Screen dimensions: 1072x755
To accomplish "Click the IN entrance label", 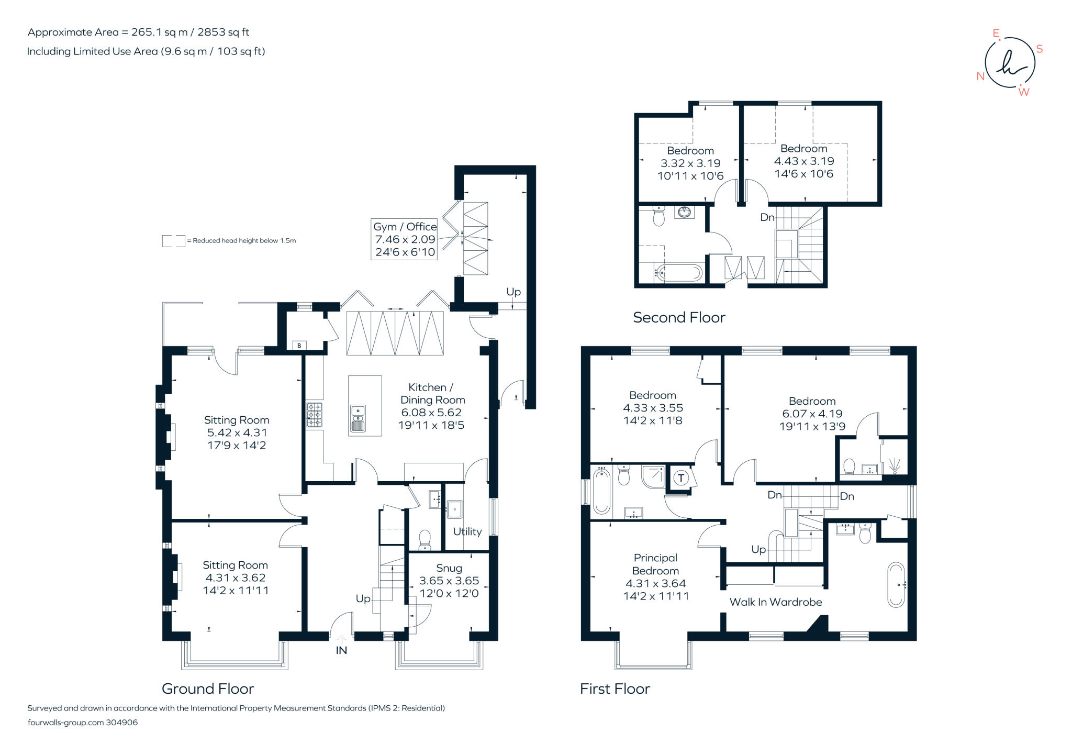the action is (341, 650).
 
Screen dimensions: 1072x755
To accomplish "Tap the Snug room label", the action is (449, 569).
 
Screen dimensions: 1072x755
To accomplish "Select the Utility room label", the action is (467, 531).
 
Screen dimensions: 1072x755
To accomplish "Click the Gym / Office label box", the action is (404, 239).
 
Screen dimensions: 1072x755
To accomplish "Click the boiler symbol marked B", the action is (299, 346).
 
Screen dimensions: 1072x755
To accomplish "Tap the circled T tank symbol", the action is (681, 478).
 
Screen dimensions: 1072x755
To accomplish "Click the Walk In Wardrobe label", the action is (776, 602).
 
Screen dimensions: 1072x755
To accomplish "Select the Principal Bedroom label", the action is (655, 564).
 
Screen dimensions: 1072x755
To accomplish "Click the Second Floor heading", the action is (679, 317).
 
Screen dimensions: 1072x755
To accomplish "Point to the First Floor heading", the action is (615, 689).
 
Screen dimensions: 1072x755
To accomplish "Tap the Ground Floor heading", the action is (208, 689).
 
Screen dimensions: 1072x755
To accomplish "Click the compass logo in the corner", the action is (1010, 63).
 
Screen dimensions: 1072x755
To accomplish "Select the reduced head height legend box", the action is (173, 241).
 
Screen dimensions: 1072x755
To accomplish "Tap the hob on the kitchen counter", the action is (314, 415).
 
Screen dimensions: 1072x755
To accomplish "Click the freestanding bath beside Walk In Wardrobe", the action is (896, 585).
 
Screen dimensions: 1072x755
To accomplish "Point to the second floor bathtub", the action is (679, 273).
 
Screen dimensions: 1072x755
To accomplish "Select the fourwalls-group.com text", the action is (65, 723).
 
